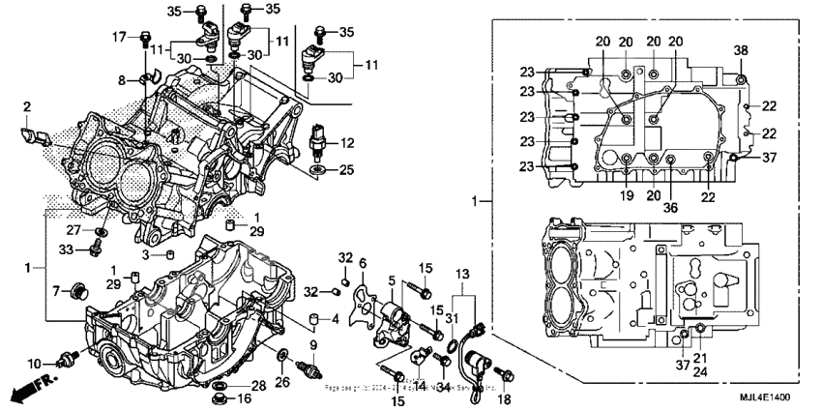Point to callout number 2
[27, 105]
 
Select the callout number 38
[741, 50]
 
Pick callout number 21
[698, 359]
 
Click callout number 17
[119, 38]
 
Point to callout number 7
[56, 291]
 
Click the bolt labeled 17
[145, 40]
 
